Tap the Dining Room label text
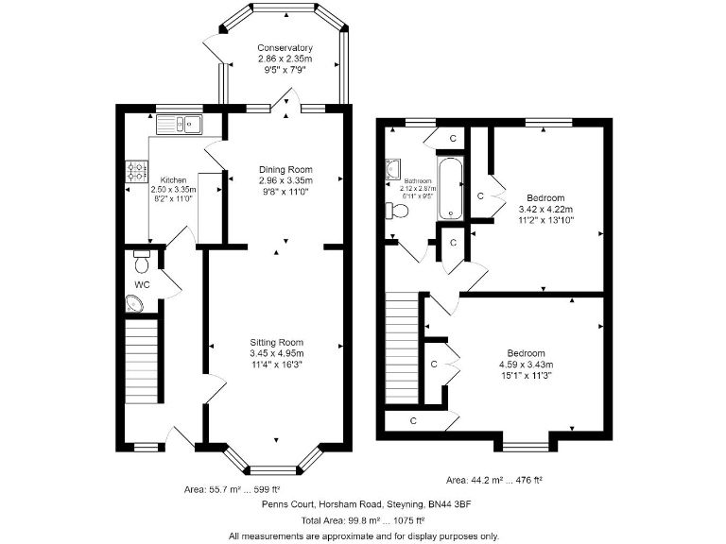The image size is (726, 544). [x=285, y=170]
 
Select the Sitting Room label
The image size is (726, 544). [x=277, y=342]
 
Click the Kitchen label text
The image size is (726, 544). [x=173, y=179]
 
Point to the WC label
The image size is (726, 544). [x=142, y=283]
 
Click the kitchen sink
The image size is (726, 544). [x=180, y=123]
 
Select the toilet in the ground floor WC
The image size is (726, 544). [x=142, y=256]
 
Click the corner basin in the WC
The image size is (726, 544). [x=135, y=304]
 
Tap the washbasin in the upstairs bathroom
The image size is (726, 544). [x=392, y=170]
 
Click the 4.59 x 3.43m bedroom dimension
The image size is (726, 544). [x=526, y=365]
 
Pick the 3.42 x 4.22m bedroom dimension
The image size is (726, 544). [x=545, y=209]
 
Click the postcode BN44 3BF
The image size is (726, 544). [x=447, y=505]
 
